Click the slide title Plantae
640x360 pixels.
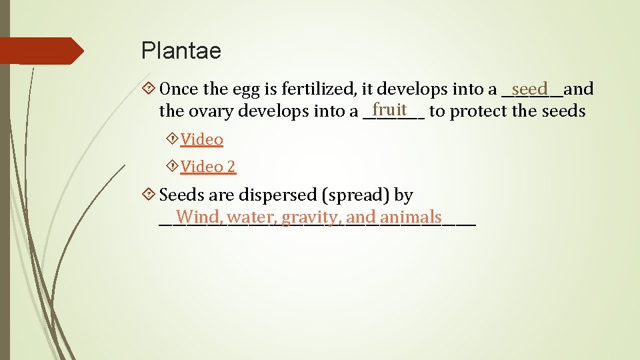181,51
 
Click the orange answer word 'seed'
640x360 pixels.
531,89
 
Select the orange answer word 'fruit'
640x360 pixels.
390,109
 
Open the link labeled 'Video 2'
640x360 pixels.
208,167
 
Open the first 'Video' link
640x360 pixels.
201,139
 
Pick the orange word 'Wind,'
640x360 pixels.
199,217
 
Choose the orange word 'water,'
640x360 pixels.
252,217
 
